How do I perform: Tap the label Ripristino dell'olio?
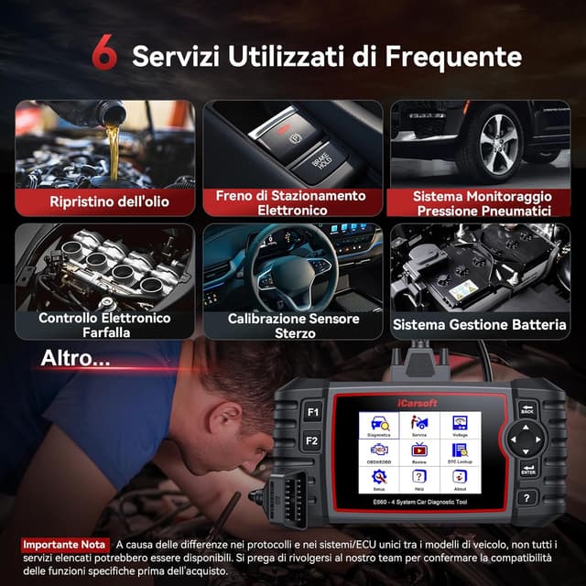coord(109,201)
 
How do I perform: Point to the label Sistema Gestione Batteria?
coord(480,324)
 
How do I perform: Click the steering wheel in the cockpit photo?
coord(294,275)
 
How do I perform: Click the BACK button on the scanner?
coord(526,409)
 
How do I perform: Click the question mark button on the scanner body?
coord(526,499)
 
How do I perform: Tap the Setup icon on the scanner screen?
coord(379,480)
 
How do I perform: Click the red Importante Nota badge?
coord(63,544)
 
